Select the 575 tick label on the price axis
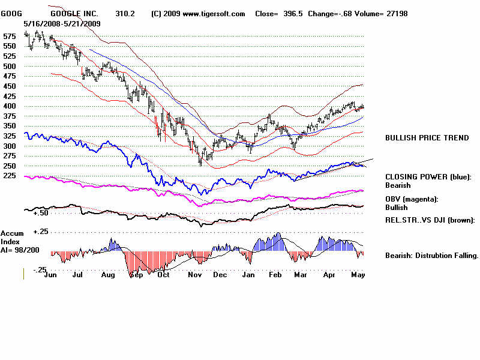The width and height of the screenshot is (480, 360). click(10, 37)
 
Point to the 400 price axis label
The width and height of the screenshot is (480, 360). click(10, 106)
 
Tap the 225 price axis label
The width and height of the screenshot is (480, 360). click(10, 176)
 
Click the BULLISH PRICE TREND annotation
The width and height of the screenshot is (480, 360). click(427, 138)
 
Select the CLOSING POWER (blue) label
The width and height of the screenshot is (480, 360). click(428, 177)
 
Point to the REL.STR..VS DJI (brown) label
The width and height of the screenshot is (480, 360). click(430, 220)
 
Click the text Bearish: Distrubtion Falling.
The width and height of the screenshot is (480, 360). click(431, 256)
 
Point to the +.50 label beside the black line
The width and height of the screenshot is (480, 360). click(40, 213)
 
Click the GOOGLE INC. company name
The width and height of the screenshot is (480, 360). click(73, 13)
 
